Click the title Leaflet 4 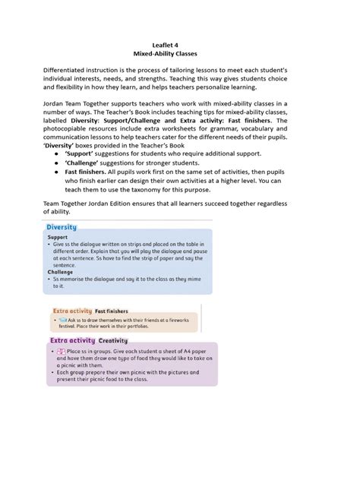point(180,45)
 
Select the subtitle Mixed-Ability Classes point(180,55)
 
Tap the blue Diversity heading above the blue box point(62,227)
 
